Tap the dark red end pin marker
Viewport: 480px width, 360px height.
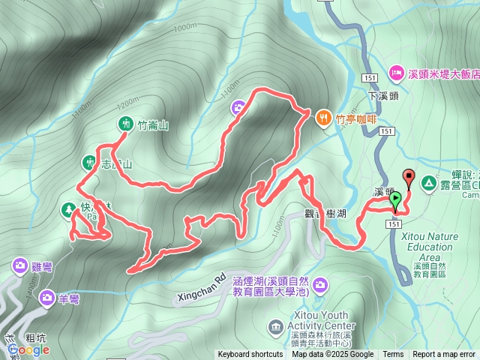coord(409,178)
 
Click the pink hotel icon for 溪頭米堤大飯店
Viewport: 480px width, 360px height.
coord(395,73)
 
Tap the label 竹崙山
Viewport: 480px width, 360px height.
coord(153,125)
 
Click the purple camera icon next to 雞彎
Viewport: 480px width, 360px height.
coord(19,265)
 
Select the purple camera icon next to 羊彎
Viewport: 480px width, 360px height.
coord(47,297)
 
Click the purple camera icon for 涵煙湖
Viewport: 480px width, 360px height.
coord(321,283)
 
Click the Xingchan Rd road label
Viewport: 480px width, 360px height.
coord(202,289)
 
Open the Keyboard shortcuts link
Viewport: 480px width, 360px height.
coord(250,355)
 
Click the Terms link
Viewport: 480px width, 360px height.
coord(393,355)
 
